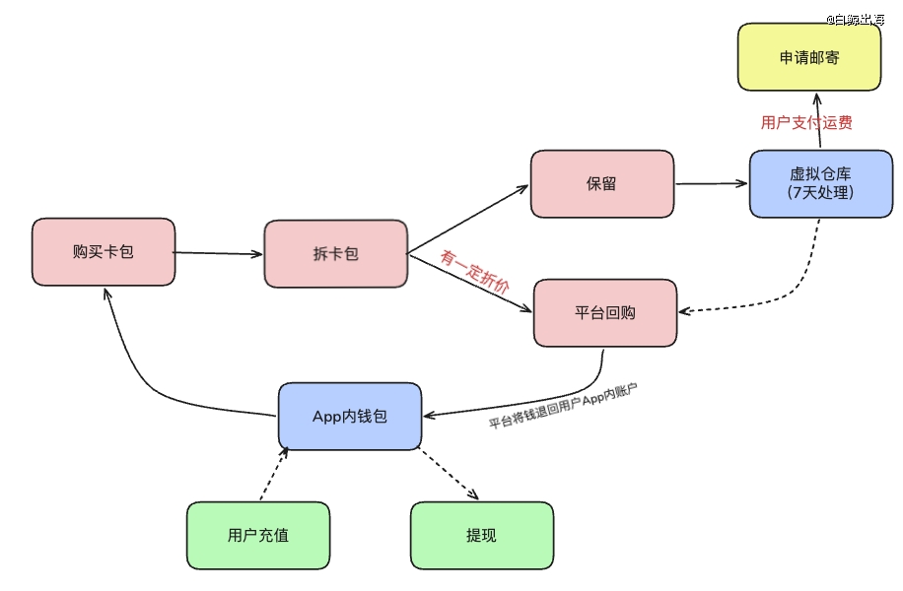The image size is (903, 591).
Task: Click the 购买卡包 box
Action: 103,252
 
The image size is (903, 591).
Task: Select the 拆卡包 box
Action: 335,254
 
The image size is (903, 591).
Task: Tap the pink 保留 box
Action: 601,184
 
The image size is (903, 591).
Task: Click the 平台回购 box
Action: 605,312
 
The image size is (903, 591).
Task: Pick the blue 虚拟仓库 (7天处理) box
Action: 820,183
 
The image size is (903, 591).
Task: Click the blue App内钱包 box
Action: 349,416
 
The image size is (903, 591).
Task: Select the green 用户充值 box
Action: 257,535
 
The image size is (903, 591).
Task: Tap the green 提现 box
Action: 481,535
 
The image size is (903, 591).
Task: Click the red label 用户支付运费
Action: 806,123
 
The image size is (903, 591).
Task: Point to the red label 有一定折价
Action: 475,273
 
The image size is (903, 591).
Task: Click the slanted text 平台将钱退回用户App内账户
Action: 563,408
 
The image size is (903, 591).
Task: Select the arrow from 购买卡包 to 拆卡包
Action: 219,253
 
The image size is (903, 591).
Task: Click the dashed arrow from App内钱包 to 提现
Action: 449,474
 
